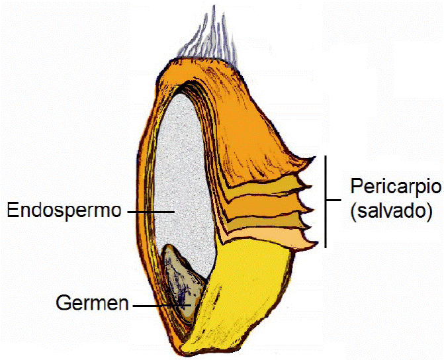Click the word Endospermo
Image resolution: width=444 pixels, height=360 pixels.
click(x=64, y=211)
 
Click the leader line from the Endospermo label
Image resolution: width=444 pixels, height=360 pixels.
click(x=150, y=212)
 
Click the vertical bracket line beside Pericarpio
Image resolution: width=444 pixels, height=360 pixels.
click(x=326, y=202)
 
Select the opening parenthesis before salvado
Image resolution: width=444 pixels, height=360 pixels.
click(x=350, y=212)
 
